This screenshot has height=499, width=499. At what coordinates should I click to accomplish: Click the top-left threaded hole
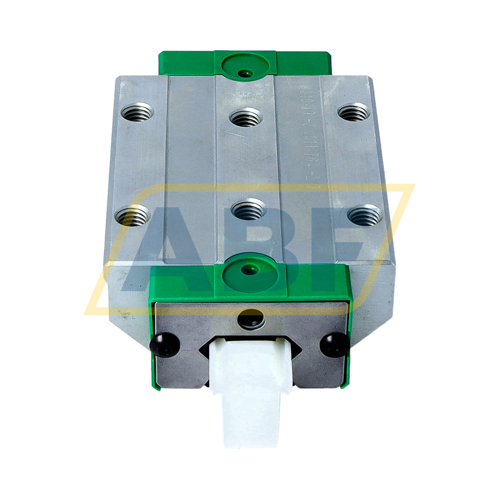[137, 112]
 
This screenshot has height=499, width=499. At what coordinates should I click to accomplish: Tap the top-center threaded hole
[246, 118]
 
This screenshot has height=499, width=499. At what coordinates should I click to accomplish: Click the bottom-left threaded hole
[132, 216]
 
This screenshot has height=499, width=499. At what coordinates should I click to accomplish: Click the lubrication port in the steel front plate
[251, 319]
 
